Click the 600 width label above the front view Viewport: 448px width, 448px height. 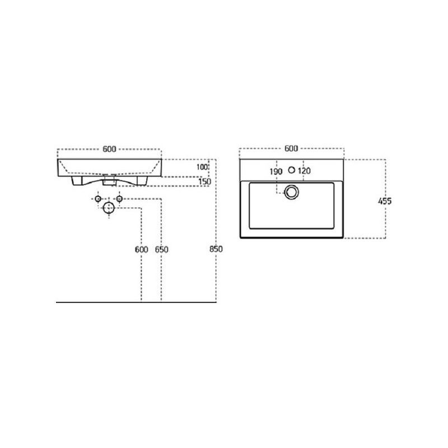109,149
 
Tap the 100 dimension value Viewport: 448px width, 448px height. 202,167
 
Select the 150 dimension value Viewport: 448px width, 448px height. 204,181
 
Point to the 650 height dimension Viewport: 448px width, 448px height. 161,249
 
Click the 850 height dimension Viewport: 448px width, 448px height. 216,249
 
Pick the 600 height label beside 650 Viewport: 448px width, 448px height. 142,249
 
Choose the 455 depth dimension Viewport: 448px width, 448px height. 385,201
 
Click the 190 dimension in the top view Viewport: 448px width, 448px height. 276,171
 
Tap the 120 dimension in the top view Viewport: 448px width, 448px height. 304,171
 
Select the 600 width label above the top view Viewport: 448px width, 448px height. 291,148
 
